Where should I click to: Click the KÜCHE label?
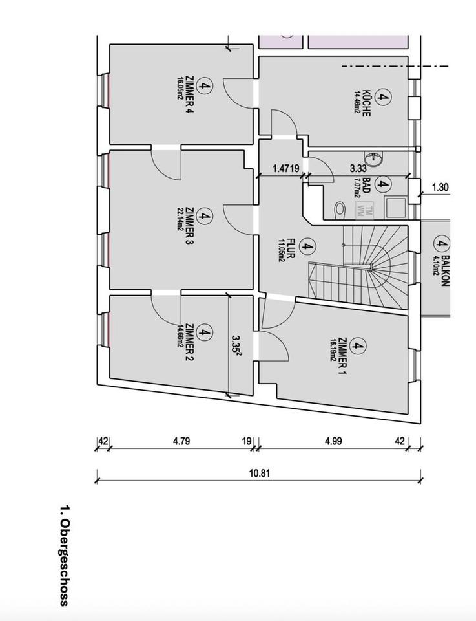366,102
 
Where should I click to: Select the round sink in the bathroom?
374,158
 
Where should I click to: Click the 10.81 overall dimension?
260,472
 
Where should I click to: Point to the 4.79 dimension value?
181,441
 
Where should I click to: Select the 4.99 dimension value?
333,441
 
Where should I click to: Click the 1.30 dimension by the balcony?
439,188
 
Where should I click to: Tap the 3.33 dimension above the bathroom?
358,168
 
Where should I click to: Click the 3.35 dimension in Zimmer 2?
236,342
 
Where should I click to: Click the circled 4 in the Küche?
383,98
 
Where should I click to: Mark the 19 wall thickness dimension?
247,441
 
